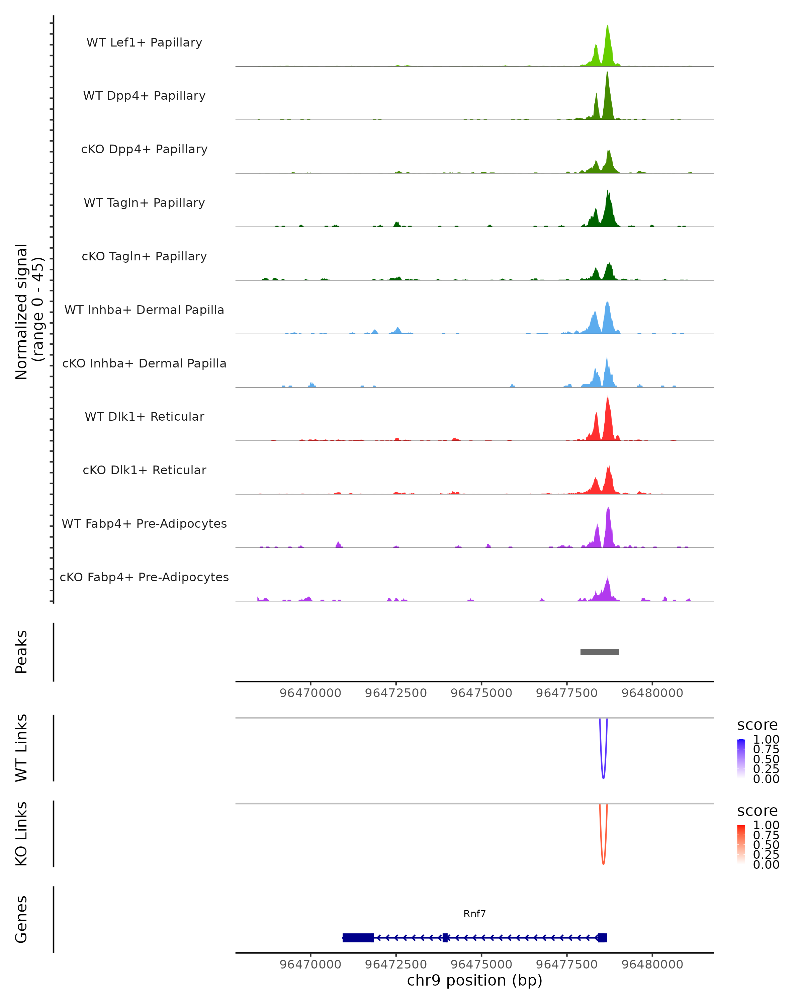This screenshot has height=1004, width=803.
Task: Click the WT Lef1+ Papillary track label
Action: [x=144, y=43]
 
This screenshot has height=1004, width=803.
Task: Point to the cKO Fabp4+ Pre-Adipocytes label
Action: [x=144, y=577]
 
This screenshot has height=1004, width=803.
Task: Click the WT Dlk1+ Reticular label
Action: [x=144, y=416]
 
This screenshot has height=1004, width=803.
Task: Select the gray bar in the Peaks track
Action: [x=600, y=652]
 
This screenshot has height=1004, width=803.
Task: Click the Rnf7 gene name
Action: [x=474, y=914]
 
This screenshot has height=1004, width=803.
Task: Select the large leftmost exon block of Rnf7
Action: [x=358, y=937]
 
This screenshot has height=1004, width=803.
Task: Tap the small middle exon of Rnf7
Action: [x=445, y=937]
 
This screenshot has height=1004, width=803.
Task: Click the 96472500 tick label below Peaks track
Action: [x=396, y=693]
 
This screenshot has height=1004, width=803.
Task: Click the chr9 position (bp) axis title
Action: [x=474, y=980]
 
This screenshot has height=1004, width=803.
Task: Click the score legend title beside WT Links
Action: [x=757, y=725]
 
